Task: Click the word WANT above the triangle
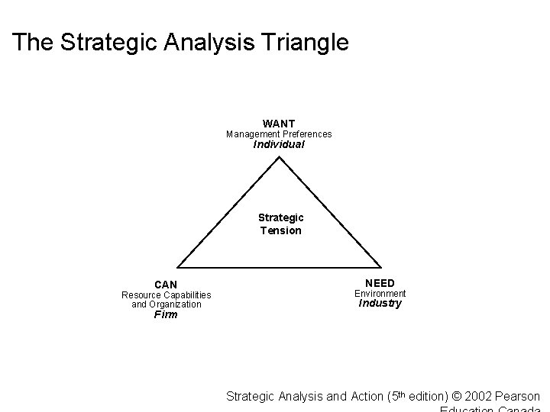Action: click(279, 124)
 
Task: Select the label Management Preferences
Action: click(279, 134)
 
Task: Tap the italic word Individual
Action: click(279, 144)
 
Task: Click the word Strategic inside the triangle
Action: click(280, 218)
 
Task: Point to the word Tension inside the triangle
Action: click(280, 230)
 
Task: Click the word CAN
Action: click(166, 285)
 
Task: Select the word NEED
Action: click(380, 284)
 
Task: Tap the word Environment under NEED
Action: click(380, 294)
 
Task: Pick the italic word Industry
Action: click(380, 303)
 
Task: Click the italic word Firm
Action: click(166, 314)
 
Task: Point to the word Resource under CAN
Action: click(141, 295)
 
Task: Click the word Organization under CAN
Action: click(176, 304)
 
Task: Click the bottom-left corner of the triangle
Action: click(178, 267)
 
